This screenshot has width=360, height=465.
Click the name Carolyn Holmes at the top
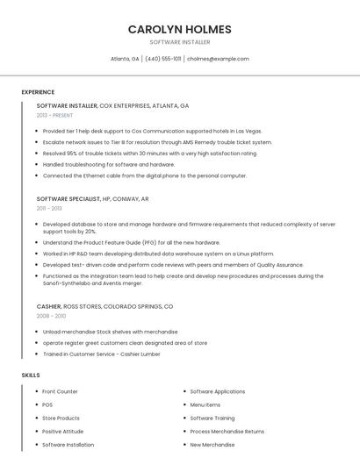(x=179, y=29)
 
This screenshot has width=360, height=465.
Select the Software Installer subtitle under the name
(x=179, y=42)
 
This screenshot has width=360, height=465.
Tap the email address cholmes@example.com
(x=218, y=59)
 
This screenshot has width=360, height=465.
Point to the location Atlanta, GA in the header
(x=125, y=59)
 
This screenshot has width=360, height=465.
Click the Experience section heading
(x=38, y=92)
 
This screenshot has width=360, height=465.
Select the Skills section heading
(x=31, y=376)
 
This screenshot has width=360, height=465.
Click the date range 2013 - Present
(x=54, y=115)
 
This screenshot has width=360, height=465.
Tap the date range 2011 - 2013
(x=49, y=208)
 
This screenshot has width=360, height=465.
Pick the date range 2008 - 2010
(x=51, y=316)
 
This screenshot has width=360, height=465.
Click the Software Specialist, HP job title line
(x=92, y=198)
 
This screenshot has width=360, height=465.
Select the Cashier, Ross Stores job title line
(x=104, y=306)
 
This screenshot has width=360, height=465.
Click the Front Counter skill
(x=60, y=391)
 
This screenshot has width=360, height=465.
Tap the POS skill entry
(x=47, y=404)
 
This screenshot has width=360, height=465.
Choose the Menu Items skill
(x=205, y=404)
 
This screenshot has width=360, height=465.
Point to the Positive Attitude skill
(x=63, y=432)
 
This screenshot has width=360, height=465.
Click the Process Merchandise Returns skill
(x=227, y=432)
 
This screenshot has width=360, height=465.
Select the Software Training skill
(x=212, y=418)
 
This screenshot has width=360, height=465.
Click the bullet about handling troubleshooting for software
(x=109, y=164)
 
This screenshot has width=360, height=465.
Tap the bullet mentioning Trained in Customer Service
(x=101, y=354)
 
